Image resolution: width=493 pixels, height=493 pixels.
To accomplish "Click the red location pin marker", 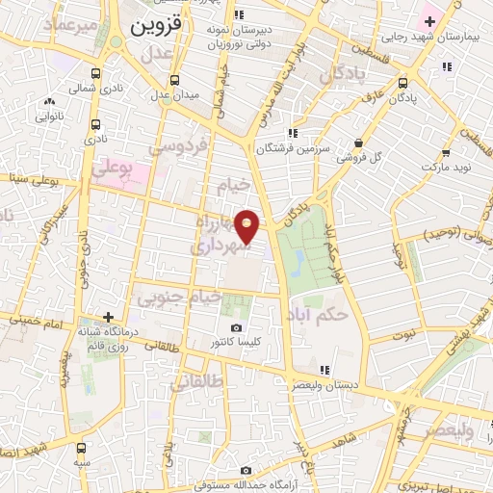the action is pyautogui.click(x=248, y=226).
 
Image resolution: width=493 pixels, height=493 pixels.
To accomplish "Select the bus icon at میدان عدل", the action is pyautogui.click(x=174, y=81).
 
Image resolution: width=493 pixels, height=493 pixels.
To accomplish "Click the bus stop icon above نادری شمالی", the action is pyautogui.click(x=94, y=72).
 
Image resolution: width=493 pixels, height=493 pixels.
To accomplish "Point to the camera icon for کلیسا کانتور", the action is pyautogui.click(x=237, y=328).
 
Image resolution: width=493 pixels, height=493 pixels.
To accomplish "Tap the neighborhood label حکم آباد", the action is pyautogui.click(x=323, y=314).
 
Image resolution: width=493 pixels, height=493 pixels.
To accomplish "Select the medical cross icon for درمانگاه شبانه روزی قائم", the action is pyautogui.click(x=109, y=316).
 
